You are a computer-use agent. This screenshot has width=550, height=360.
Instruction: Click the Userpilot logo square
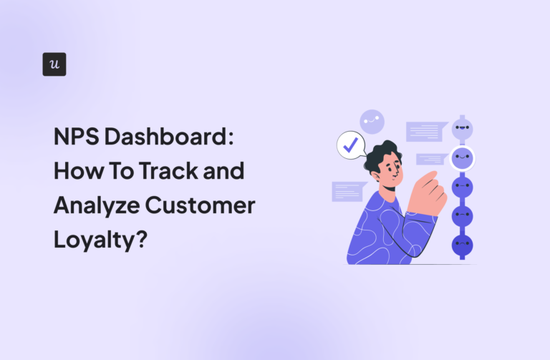coord(54,64)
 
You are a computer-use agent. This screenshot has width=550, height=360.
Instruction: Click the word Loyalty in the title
coord(92,240)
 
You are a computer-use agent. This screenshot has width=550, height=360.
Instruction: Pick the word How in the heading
coord(76,172)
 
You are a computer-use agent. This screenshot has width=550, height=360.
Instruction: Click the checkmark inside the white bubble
coord(350,145)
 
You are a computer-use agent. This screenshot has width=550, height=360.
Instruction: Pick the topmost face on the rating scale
coord(462,130)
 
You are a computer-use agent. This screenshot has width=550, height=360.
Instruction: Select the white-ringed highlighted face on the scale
coord(462,158)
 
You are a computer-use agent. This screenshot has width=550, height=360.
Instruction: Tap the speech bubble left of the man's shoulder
coord(348,190)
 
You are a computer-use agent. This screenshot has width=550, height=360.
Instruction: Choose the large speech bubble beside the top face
coord(425,131)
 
